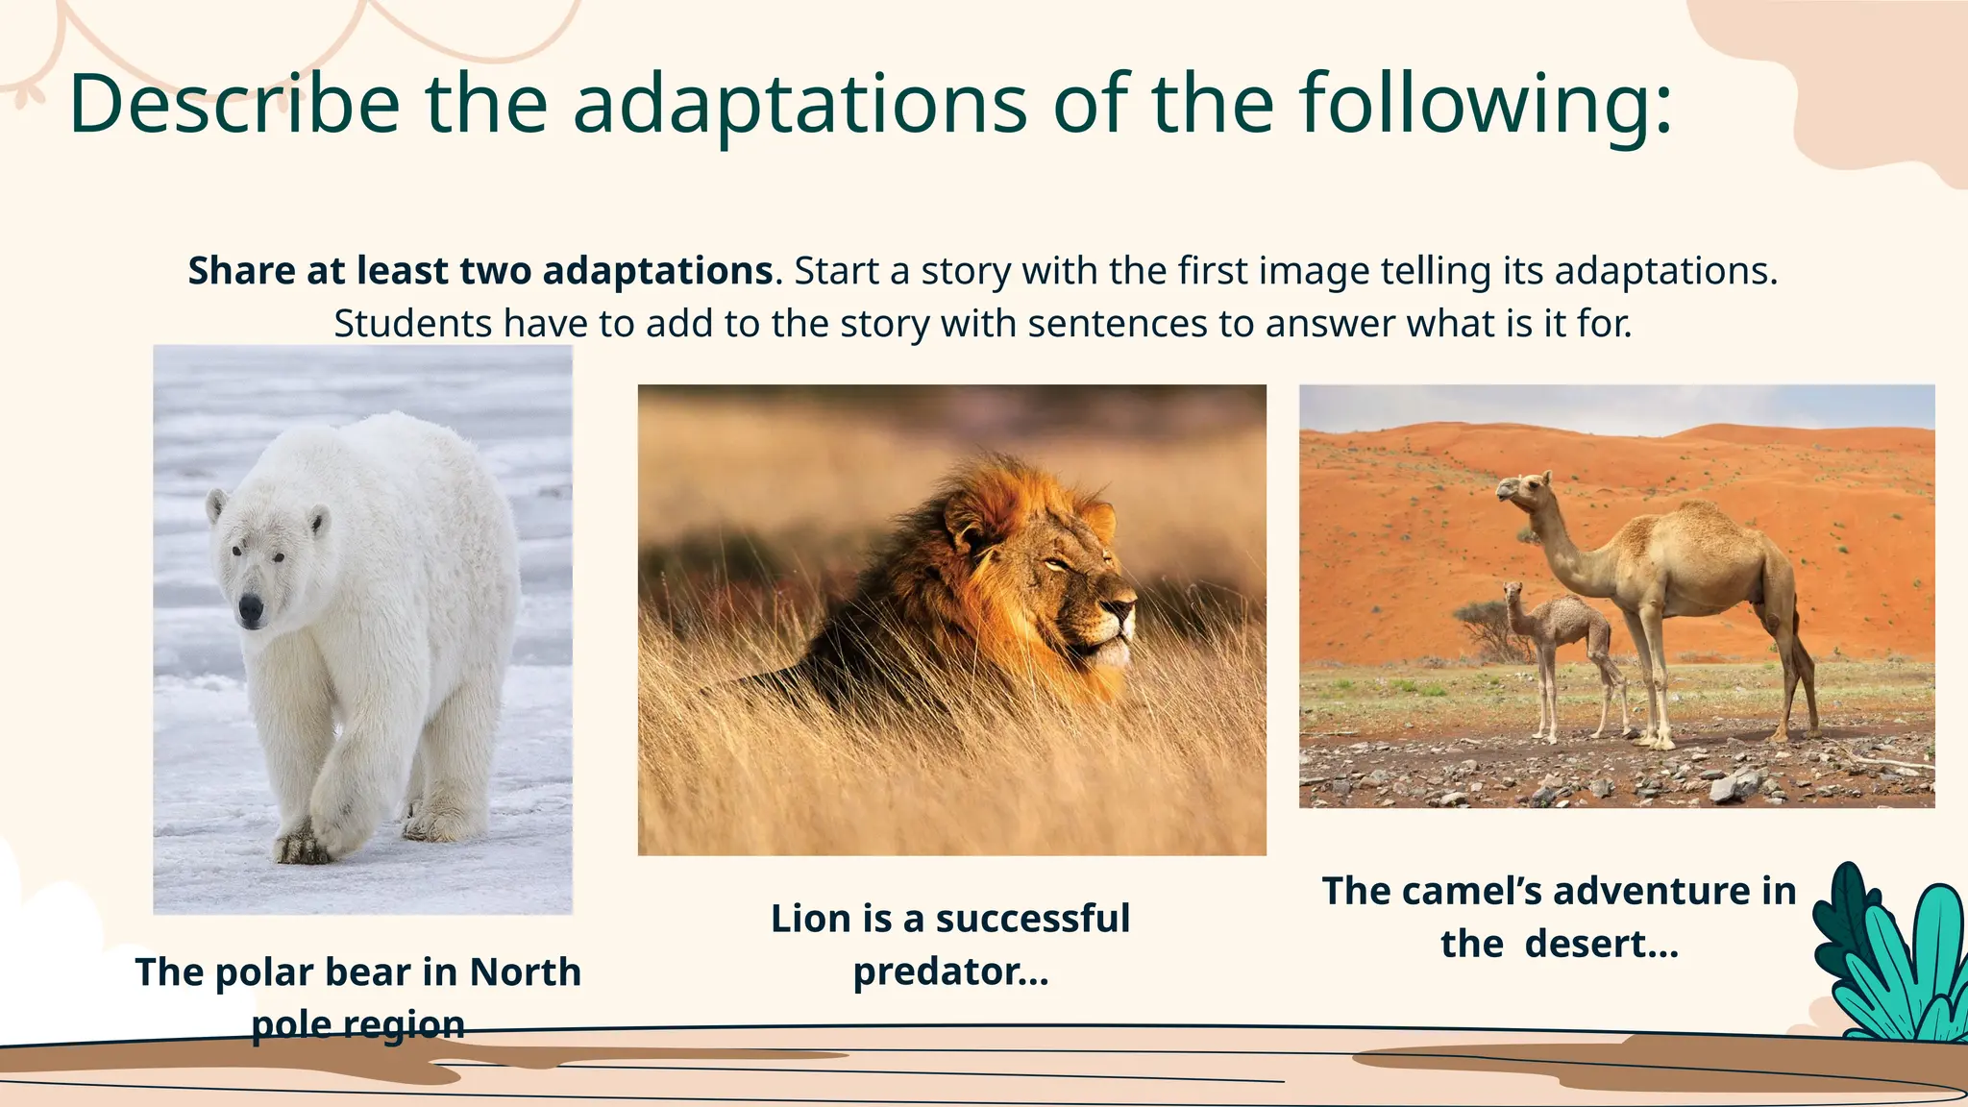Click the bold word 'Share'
coord(242,271)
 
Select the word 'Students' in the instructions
coord(412,324)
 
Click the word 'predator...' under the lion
coord(950,972)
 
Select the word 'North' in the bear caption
coord(525,972)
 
